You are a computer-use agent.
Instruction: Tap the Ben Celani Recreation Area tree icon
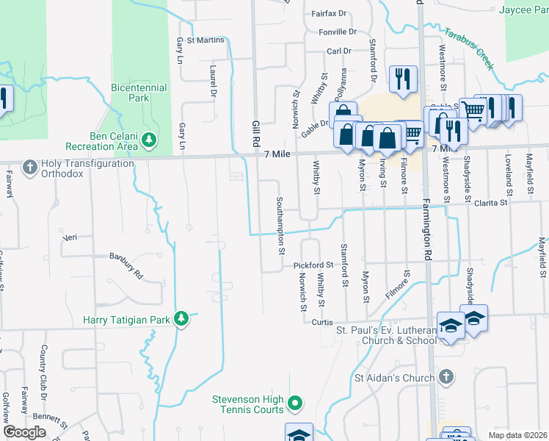tap(149, 139)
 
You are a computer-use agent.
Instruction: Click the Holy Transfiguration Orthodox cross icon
tap(30, 168)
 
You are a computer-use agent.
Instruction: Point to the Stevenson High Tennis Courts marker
tap(294, 403)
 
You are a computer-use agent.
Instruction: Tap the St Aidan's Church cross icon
tap(445, 378)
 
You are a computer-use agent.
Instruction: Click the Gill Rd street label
tap(256, 133)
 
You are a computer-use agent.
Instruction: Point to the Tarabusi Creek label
tap(468, 49)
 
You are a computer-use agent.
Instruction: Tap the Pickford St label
tap(313, 264)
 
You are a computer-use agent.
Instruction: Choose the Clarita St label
tap(491, 202)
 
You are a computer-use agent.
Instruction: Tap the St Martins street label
tap(205, 40)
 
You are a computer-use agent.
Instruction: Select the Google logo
tap(24, 432)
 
